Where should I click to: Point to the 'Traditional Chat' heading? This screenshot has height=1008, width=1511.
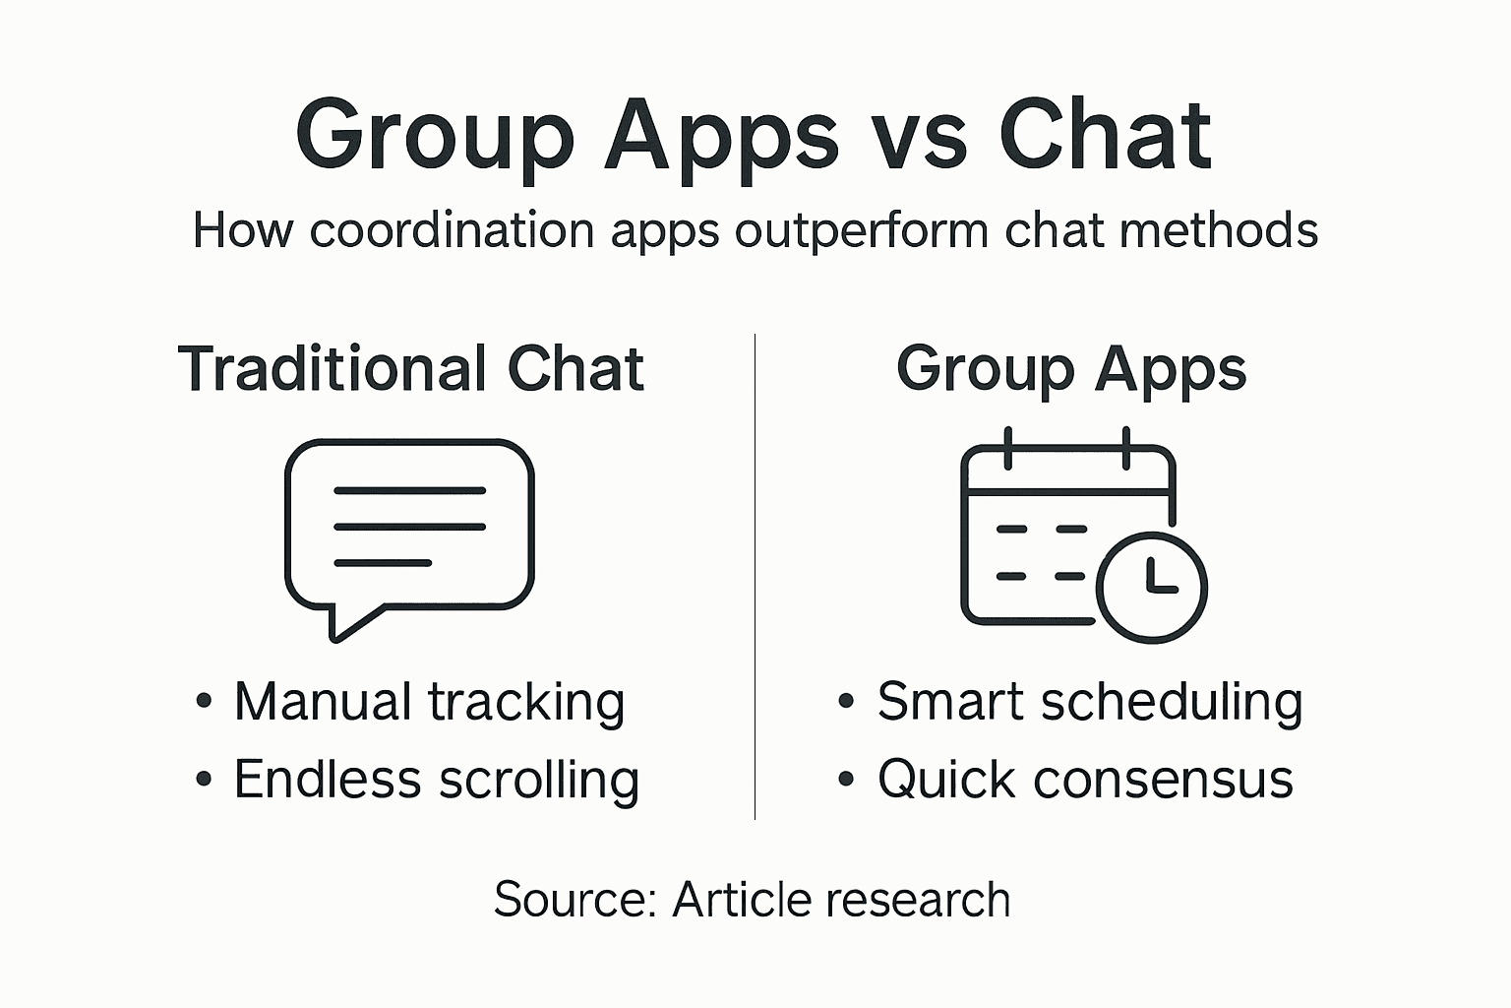[411, 369]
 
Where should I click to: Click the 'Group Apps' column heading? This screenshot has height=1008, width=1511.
[1071, 369]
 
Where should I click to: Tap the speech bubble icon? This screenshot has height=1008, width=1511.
[409, 527]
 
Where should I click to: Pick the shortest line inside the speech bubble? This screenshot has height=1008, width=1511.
[383, 563]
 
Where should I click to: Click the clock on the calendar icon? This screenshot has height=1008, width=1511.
[1151, 588]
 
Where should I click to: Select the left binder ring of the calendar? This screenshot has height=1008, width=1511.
[1007, 449]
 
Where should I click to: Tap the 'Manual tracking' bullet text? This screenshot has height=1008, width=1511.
[429, 702]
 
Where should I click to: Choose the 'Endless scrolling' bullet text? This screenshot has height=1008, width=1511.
[436, 780]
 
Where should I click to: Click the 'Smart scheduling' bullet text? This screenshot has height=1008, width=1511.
[1090, 702]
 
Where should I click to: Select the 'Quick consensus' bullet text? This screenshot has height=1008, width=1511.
[1085, 780]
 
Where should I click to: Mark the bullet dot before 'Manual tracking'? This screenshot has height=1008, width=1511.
[204, 702]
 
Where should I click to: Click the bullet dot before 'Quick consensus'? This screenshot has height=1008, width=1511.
[846, 780]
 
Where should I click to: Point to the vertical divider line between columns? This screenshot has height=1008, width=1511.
[755, 576]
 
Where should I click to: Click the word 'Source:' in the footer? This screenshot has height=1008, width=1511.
[575, 900]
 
